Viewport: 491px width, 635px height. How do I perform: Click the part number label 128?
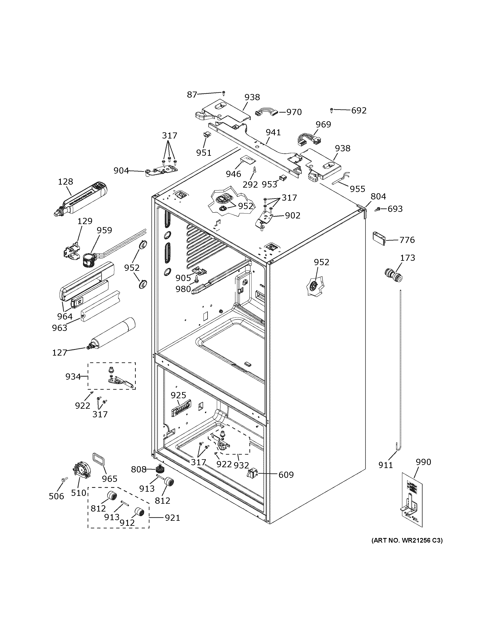(65, 182)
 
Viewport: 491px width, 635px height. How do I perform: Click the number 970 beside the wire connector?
(294, 112)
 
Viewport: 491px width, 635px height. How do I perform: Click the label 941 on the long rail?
(273, 132)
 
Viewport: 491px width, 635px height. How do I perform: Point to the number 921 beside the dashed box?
(172, 518)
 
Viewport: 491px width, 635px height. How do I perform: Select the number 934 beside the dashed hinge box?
(73, 377)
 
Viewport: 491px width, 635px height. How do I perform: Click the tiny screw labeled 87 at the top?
(223, 93)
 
